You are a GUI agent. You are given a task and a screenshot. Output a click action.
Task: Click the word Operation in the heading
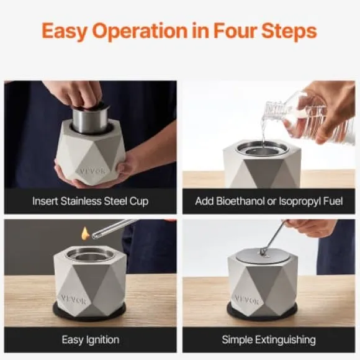[140, 32]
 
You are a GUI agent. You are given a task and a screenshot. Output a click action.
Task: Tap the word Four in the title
[235, 31]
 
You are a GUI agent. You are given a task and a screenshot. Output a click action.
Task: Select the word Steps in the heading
[289, 32]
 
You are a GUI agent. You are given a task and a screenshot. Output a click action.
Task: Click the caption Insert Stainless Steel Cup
[91, 201]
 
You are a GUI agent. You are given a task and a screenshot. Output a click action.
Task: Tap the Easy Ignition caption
[91, 340]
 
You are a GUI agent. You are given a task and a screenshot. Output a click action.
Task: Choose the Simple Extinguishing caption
[269, 340]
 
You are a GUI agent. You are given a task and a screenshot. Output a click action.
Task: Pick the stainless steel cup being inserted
[91, 120]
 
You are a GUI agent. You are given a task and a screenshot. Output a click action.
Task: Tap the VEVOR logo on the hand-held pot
[92, 171]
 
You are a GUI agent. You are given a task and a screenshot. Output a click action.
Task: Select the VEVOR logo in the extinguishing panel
[247, 300]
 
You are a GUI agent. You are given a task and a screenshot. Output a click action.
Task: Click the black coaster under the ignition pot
[89, 313]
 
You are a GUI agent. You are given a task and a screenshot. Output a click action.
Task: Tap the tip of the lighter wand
[94, 235]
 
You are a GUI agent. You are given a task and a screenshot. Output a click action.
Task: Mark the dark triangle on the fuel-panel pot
[263, 171]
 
